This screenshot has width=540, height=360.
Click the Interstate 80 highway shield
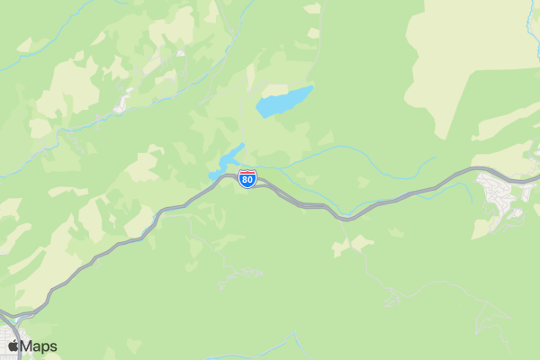click(247, 178)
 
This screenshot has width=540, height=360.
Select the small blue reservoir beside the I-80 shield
click(229, 161)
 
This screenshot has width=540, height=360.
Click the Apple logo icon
click(13, 346)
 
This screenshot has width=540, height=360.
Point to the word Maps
click(39, 346)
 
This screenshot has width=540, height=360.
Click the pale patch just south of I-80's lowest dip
click(360, 242)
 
